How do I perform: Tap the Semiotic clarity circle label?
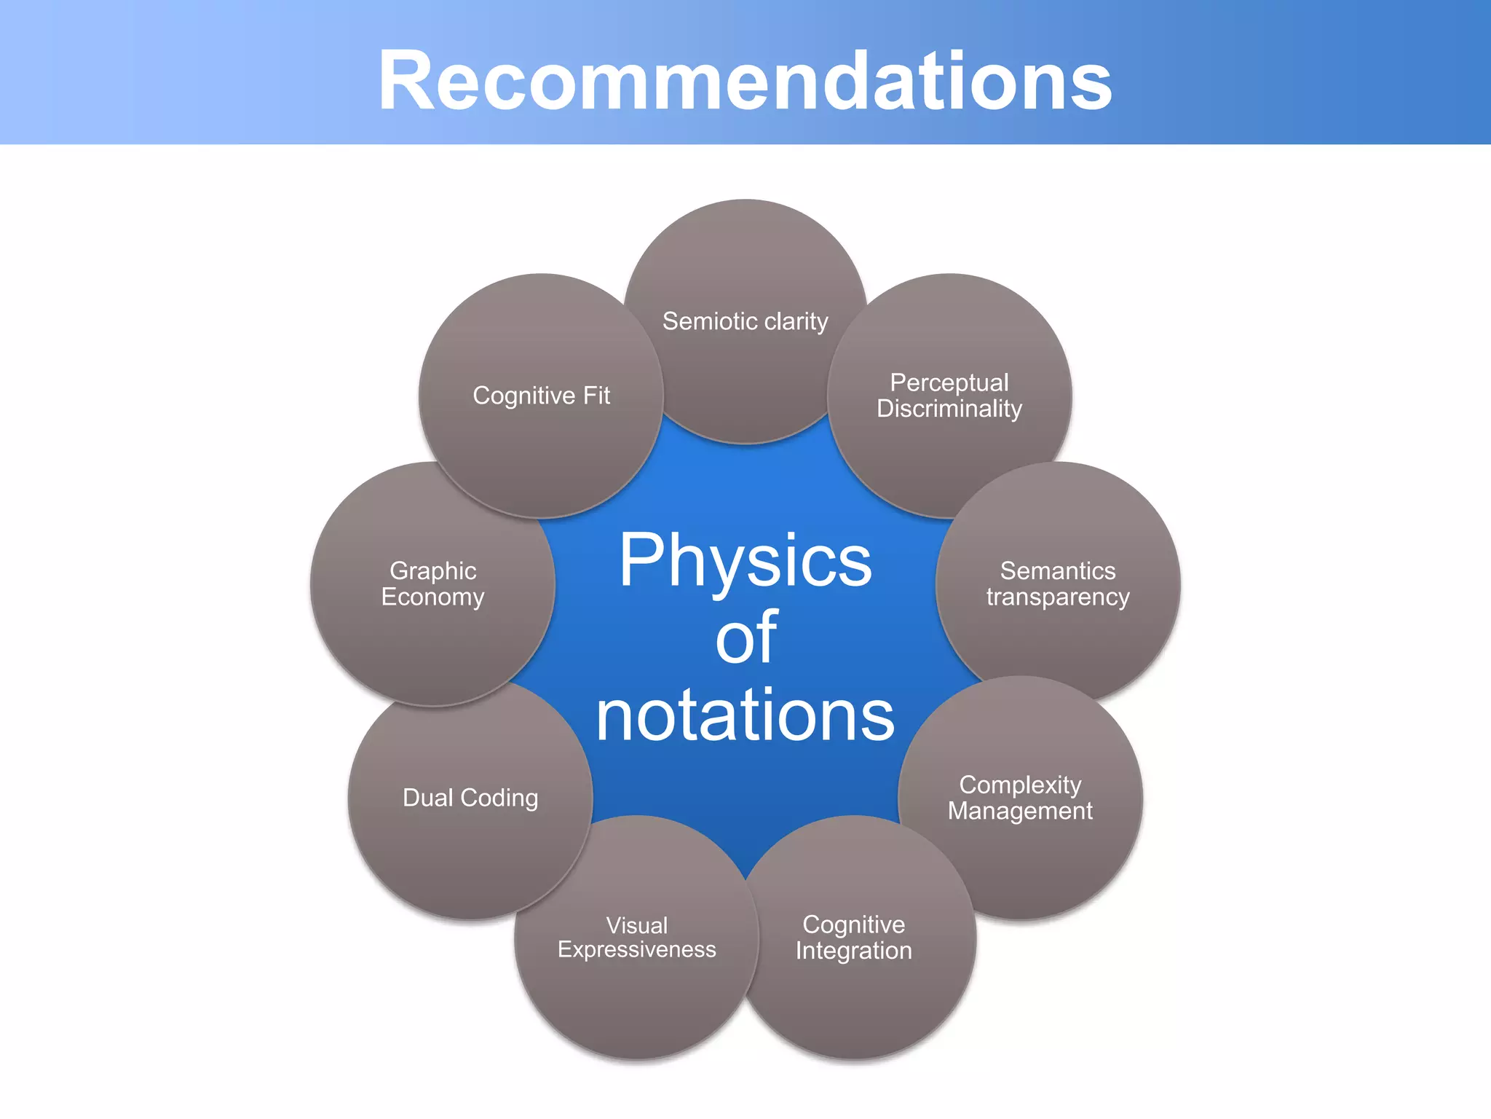(x=745, y=321)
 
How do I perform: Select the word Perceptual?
(x=949, y=382)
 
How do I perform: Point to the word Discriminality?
(x=949, y=409)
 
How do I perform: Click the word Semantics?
(x=1057, y=570)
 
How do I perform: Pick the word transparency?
(x=1057, y=597)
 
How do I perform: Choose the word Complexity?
(x=1020, y=785)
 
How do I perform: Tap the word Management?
(x=1020, y=811)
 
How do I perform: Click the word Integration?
(x=853, y=951)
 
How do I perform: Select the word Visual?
(x=636, y=925)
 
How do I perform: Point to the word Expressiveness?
(x=636, y=950)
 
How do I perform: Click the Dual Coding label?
(x=470, y=798)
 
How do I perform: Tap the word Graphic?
(x=433, y=570)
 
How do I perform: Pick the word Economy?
(x=433, y=597)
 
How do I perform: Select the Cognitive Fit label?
(x=541, y=396)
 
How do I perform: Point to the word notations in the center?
(x=745, y=715)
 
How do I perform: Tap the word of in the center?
(x=746, y=637)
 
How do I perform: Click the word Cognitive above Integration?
(x=853, y=924)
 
